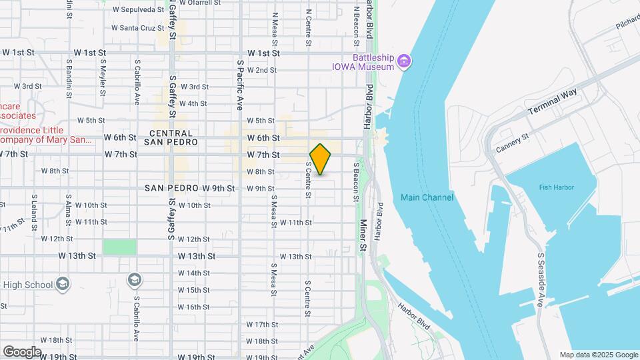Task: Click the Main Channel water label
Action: [427, 197]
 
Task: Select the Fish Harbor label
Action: [556, 187]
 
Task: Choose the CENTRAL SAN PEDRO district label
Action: [171, 138]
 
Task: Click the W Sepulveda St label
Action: [138, 10]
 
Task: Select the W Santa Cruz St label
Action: [137, 28]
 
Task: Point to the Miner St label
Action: [364, 235]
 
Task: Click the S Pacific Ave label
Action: [239, 84]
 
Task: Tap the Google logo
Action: [22, 351]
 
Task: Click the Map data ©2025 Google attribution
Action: [598, 355]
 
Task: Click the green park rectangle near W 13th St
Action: [119, 247]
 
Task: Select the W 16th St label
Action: [194, 307]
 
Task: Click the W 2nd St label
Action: [261, 70]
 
